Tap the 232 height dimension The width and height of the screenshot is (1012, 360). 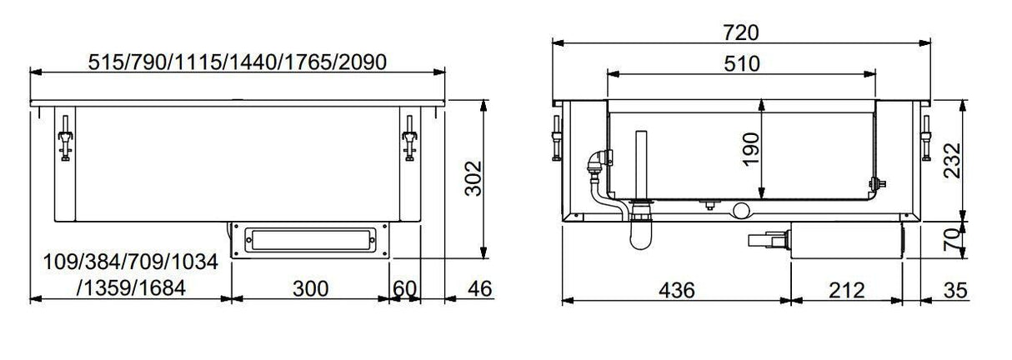[952, 160]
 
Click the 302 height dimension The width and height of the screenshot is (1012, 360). [473, 178]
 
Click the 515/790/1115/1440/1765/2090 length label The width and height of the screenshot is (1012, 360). [238, 62]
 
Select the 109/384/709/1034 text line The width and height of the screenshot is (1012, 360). [130, 263]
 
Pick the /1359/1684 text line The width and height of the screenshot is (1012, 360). [130, 288]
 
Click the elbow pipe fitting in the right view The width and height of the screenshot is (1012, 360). [598, 161]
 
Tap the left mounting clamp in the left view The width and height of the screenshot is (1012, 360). [64, 139]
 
